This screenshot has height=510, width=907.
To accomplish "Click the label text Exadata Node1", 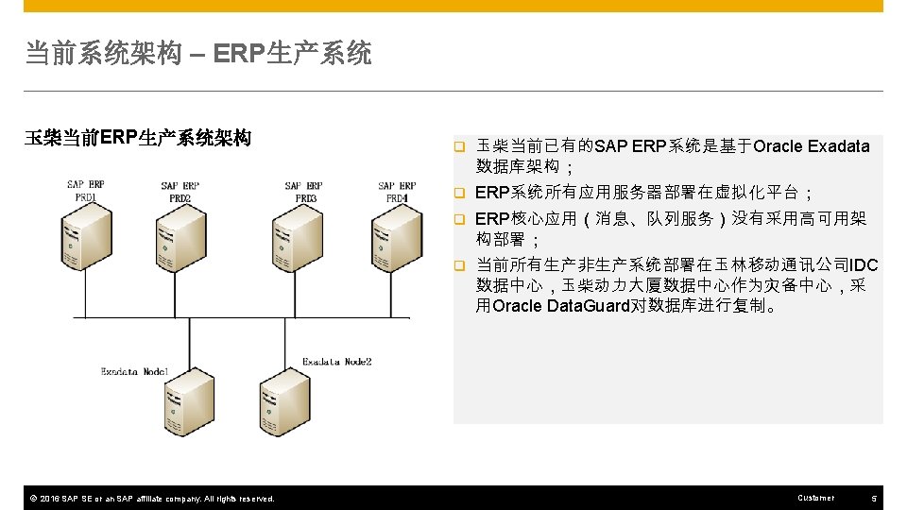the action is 135,372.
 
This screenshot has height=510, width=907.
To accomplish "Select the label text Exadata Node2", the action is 337,362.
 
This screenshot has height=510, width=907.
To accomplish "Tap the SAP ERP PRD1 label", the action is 85,191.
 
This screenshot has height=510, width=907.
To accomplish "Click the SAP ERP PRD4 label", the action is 397,192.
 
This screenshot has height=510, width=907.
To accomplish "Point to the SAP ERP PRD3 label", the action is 303,192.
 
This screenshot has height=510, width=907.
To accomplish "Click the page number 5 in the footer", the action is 874,498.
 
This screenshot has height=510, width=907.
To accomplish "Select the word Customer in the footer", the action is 816,498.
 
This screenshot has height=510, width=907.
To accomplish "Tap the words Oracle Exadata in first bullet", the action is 812,146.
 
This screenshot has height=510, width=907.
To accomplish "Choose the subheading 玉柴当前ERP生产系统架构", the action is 138,139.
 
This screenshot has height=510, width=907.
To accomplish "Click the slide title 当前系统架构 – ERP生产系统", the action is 198,54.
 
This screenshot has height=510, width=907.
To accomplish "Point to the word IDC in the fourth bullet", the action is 864,264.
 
